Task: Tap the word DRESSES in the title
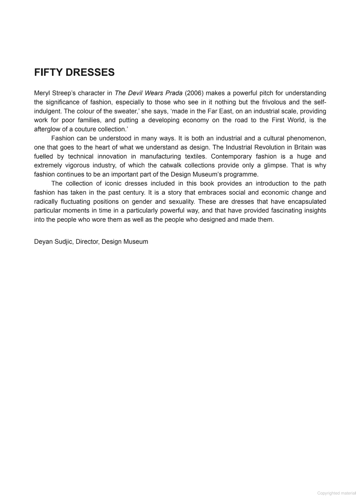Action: pyautogui.click(x=90, y=72)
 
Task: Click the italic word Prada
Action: pyautogui.click(x=174, y=93)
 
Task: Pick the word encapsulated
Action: pyautogui.click(x=307, y=202)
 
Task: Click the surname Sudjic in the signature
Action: pyautogui.click(x=63, y=242)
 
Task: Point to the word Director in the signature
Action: pyautogui.click(x=87, y=242)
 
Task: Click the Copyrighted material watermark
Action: pyautogui.click(x=336, y=493)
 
